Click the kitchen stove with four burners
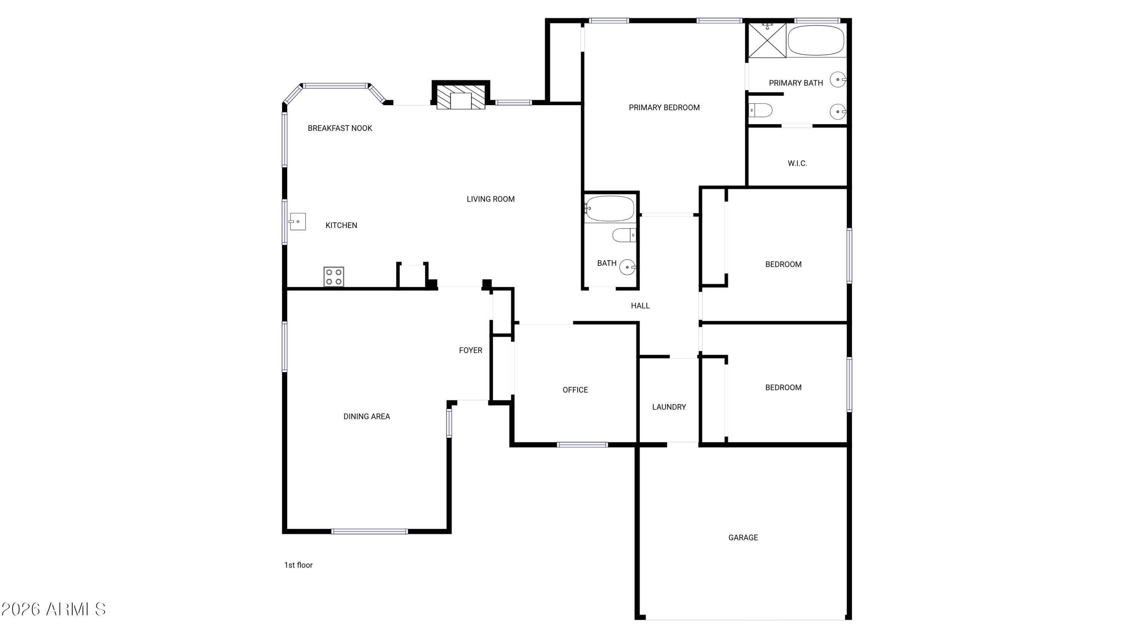click(x=334, y=276)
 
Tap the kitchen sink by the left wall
click(x=297, y=222)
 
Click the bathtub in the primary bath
click(x=816, y=40)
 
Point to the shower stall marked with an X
click(x=767, y=40)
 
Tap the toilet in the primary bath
click(x=760, y=110)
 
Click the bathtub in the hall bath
click(x=610, y=208)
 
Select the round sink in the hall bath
click(x=627, y=267)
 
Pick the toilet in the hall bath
click(x=624, y=235)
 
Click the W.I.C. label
click(x=797, y=163)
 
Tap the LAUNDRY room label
click(x=669, y=407)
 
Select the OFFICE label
click(x=575, y=390)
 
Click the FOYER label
click(x=471, y=350)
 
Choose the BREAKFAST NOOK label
click(x=340, y=128)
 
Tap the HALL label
click(x=640, y=306)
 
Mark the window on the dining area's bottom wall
click(x=369, y=531)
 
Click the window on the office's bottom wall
click(x=582, y=445)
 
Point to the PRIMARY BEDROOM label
click(x=664, y=107)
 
